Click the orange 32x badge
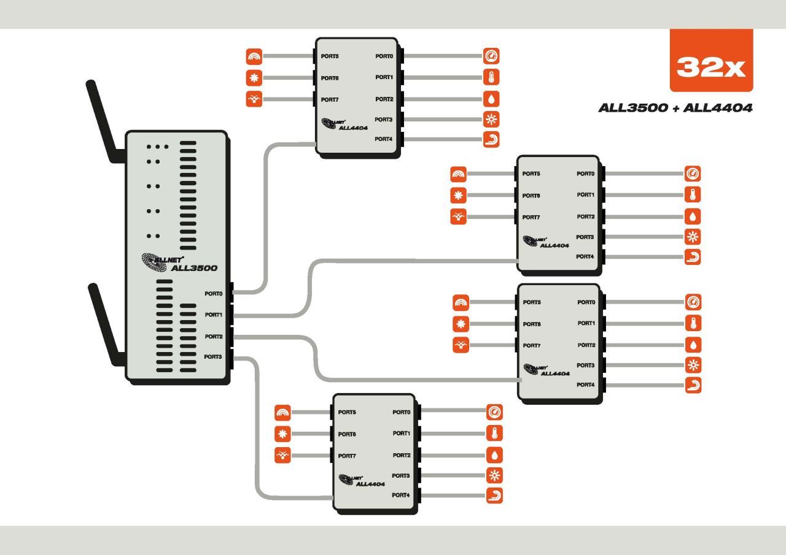coord(711,60)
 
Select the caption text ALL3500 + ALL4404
coord(675,108)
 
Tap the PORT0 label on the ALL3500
coord(214,294)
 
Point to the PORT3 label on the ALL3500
coord(213,357)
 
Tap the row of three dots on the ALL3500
coord(158,147)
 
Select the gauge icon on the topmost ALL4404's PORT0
coord(491,56)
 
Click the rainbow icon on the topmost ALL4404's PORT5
coord(254,56)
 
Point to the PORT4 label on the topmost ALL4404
coord(384,139)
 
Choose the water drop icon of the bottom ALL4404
coord(494,455)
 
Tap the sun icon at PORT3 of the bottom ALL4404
coord(494,475)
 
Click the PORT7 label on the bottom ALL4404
coord(347,456)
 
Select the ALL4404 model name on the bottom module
coord(370,484)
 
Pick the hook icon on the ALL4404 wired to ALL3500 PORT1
coord(693,257)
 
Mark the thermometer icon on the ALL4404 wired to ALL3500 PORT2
coord(693,323)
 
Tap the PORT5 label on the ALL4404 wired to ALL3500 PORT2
coord(532,302)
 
